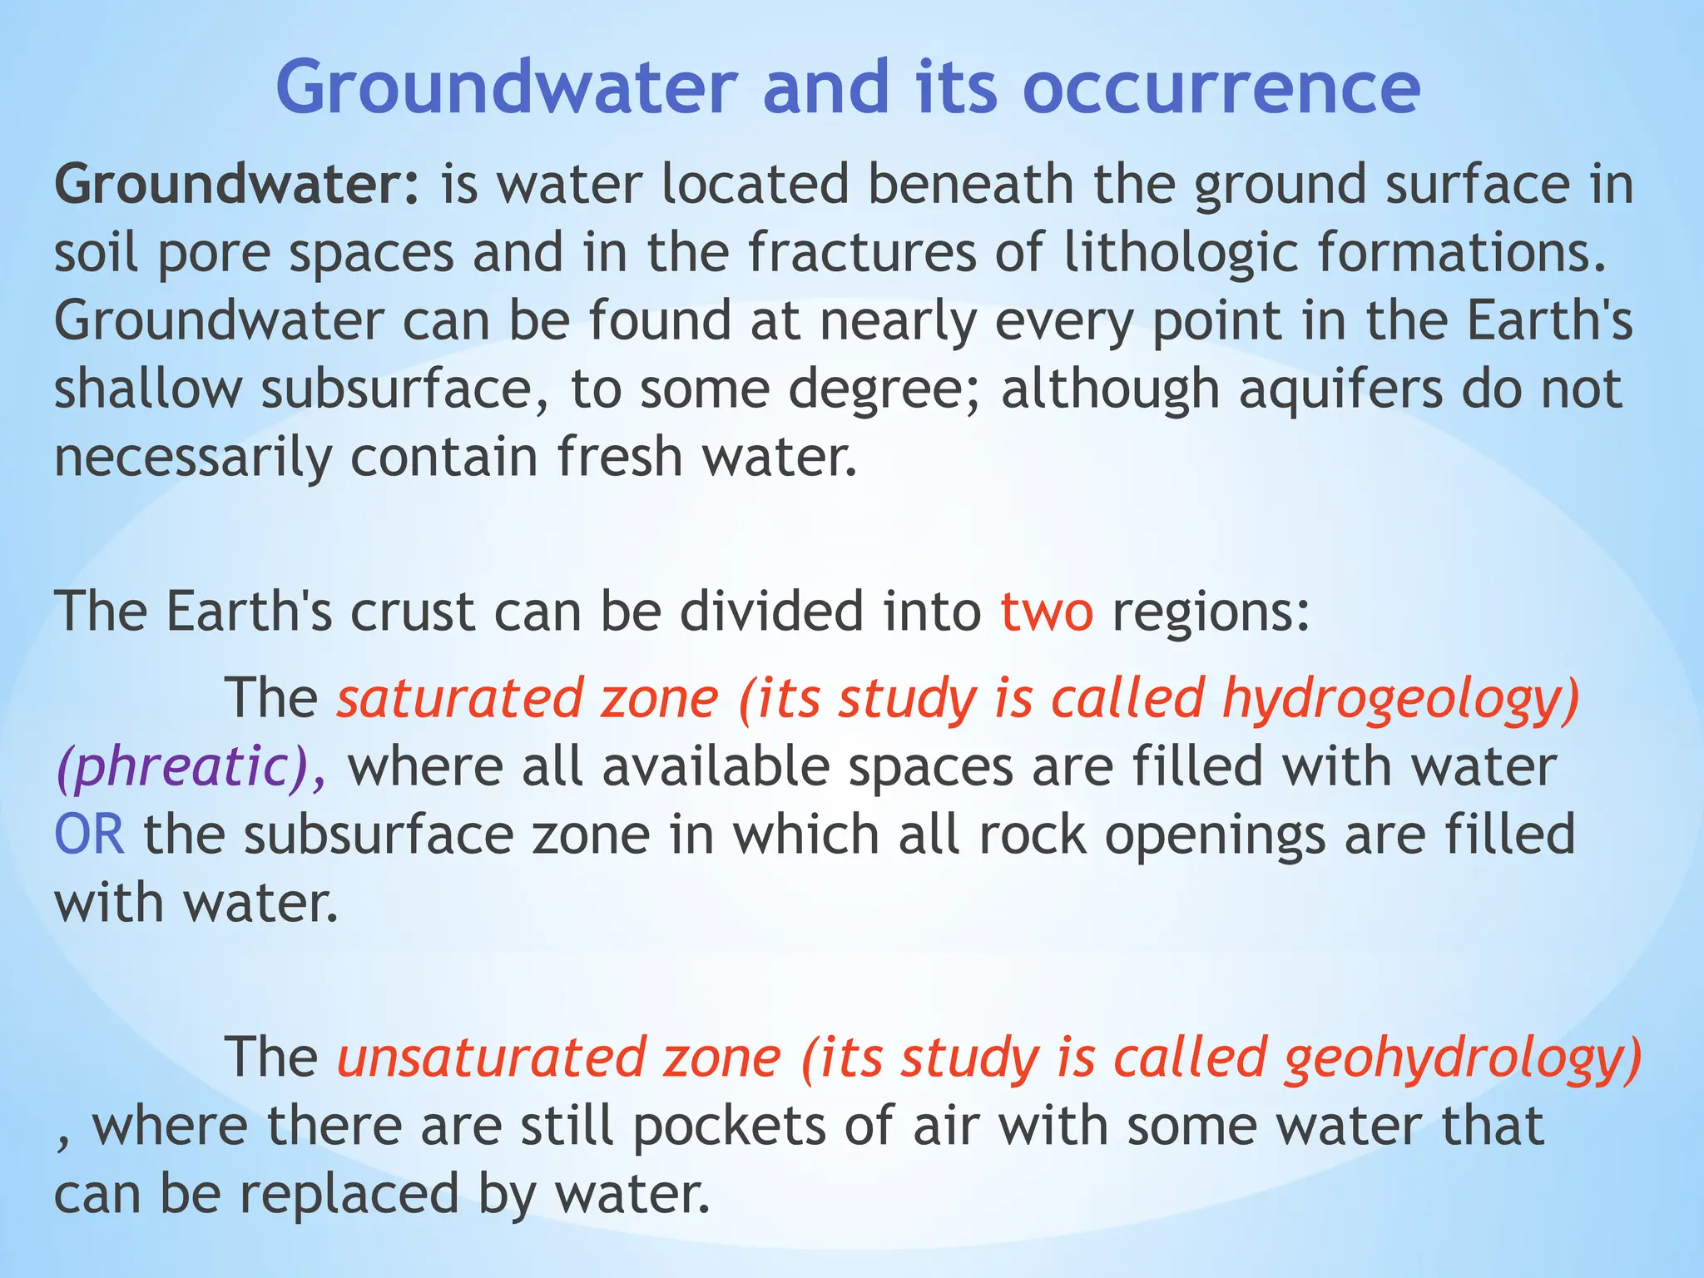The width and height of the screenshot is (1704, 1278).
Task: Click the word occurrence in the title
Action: (x=1221, y=89)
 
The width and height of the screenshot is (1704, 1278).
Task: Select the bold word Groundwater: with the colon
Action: (x=239, y=185)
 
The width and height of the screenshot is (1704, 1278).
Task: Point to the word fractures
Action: (x=862, y=253)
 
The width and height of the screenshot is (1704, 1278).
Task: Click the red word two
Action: (x=1047, y=612)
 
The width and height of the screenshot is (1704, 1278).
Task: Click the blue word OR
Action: (x=90, y=835)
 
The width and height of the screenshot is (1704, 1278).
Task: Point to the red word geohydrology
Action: (x=1462, y=1058)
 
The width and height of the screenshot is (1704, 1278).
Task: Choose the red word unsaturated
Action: (x=491, y=1058)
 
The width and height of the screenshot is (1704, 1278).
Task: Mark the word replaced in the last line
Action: (x=349, y=1195)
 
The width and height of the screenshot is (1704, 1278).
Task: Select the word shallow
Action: (x=148, y=389)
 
